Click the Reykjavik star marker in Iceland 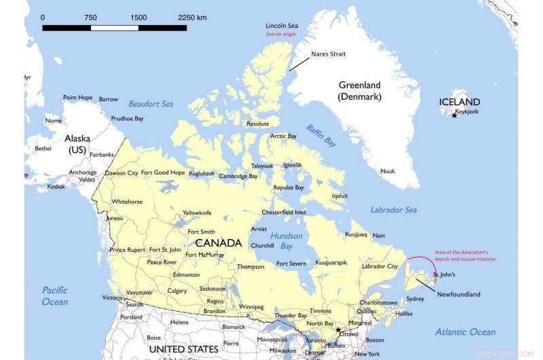click(454, 116)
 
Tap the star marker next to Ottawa click(338, 330)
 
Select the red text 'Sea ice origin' click(282, 34)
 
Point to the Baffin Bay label click(320, 136)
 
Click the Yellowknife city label click(197, 213)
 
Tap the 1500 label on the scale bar click(138, 17)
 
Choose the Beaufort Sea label click(151, 104)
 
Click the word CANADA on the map click(218, 242)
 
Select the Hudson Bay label click(286, 240)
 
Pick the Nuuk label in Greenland click(388, 171)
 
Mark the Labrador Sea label click(394, 210)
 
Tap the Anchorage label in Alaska click(83, 173)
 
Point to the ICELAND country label click(460, 102)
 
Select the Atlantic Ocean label click(466, 332)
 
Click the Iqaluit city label click(339, 196)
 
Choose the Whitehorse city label click(127, 202)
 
